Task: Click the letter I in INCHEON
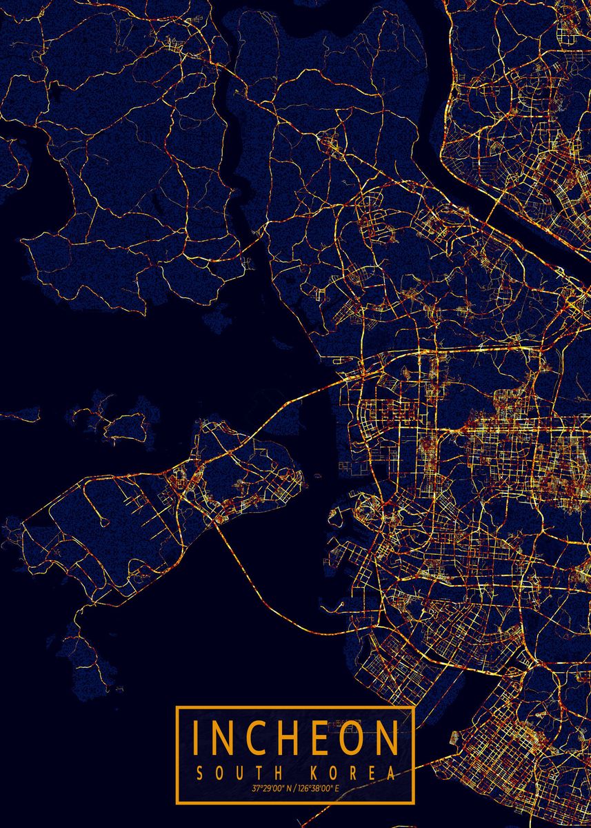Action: (x=197, y=738)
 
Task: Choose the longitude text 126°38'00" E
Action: (x=320, y=789)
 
